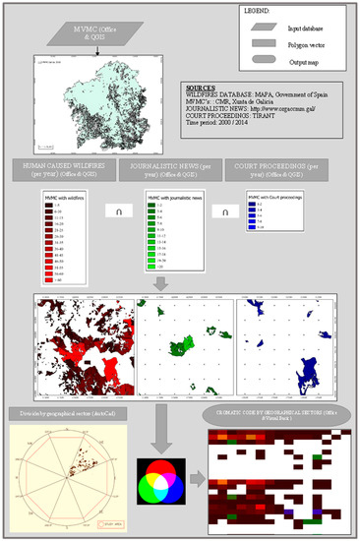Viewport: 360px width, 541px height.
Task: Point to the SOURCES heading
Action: point(201,87)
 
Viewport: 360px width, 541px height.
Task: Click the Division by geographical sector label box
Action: point(71,410)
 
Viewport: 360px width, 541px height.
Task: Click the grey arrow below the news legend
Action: point(160,282)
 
